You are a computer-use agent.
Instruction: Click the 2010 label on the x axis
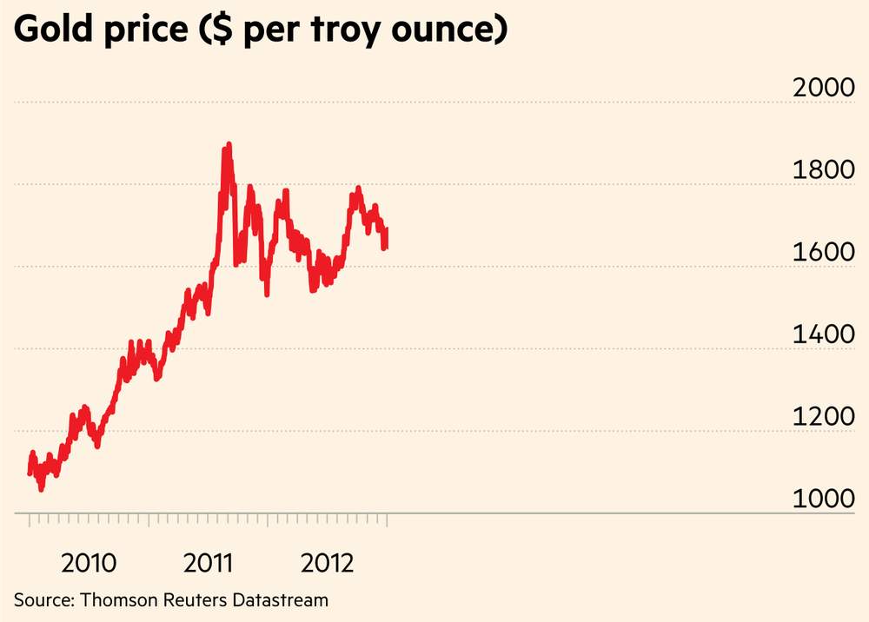[x=89, y=563]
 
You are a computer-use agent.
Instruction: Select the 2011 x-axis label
[x=209, y=563]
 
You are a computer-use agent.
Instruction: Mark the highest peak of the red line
[x=229, y=144]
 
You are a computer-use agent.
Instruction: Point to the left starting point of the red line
[x=30, y=472]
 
